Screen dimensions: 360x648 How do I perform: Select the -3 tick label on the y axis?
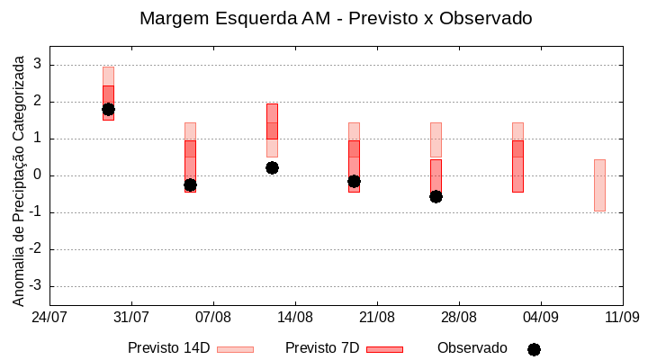(37, 286)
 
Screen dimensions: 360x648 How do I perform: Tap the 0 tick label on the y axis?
(39, 175)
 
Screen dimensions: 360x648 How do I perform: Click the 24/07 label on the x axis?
(49, 318)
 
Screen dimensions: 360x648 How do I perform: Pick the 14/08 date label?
(294, 318)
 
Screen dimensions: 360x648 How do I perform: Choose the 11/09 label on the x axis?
(622, 318)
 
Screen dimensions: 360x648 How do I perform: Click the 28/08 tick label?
(458, 318)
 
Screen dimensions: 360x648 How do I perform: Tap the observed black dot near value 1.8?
(108, 110)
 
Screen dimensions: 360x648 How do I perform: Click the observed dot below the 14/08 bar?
(272, 167)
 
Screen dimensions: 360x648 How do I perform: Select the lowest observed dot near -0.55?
(436, 196)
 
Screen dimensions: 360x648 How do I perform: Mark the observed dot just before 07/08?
(190, 184)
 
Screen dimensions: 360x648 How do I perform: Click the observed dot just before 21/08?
(354, 181)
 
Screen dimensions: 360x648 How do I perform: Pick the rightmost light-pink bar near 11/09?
(599, 184)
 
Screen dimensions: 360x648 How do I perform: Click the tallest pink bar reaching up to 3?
(108, 76)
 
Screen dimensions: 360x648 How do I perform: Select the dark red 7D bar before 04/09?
(517, 166)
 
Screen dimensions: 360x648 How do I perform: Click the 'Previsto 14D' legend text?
(168, 347)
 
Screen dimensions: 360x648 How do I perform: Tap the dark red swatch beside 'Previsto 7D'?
(384, 348)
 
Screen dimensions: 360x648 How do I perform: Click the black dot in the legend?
(534, 349)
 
